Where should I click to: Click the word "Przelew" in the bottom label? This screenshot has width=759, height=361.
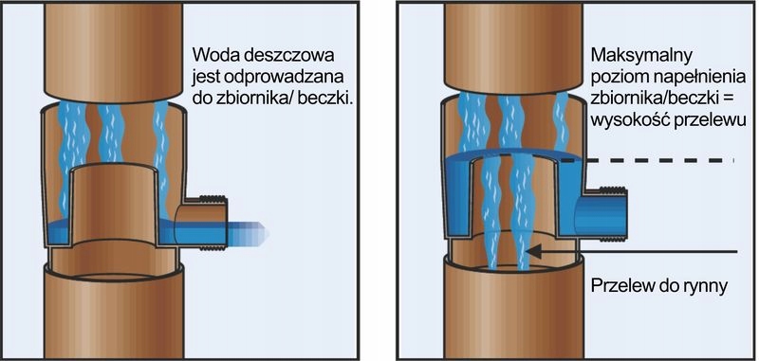[x=620, y=285]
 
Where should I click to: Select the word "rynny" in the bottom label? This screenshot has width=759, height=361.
[x=702, y=285]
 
